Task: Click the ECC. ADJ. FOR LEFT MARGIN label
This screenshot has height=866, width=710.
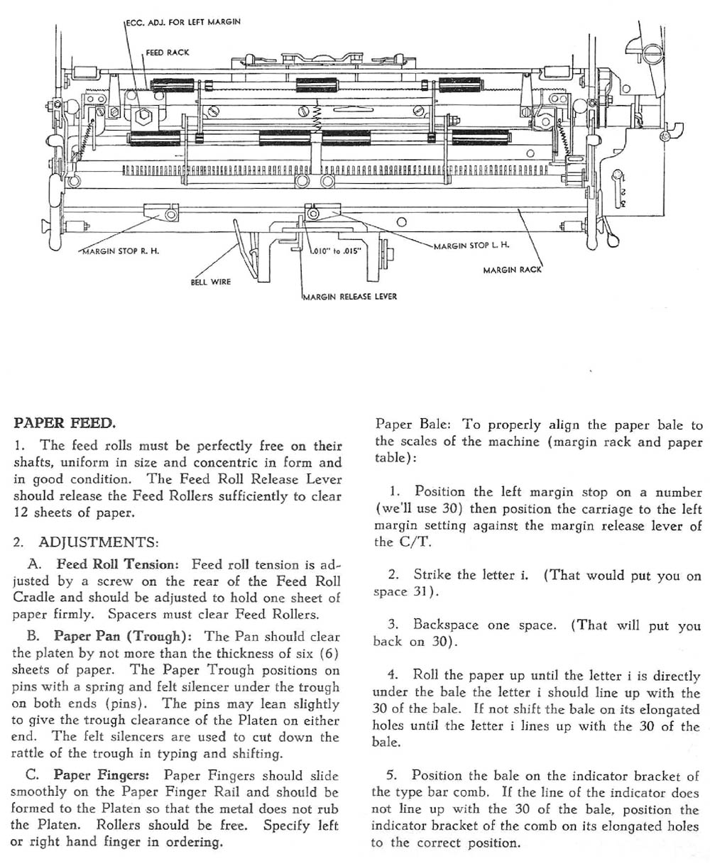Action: point(183,22)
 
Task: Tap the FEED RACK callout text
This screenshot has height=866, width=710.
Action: point(168,53)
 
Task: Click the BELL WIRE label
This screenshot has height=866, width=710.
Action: point(211,282)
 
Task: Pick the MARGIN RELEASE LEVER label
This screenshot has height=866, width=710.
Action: point(349,297)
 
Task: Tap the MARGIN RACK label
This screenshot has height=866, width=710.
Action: point(512,270)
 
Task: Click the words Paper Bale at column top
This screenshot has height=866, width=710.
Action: point(412,425)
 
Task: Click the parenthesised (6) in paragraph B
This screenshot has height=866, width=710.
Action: point(331,653)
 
